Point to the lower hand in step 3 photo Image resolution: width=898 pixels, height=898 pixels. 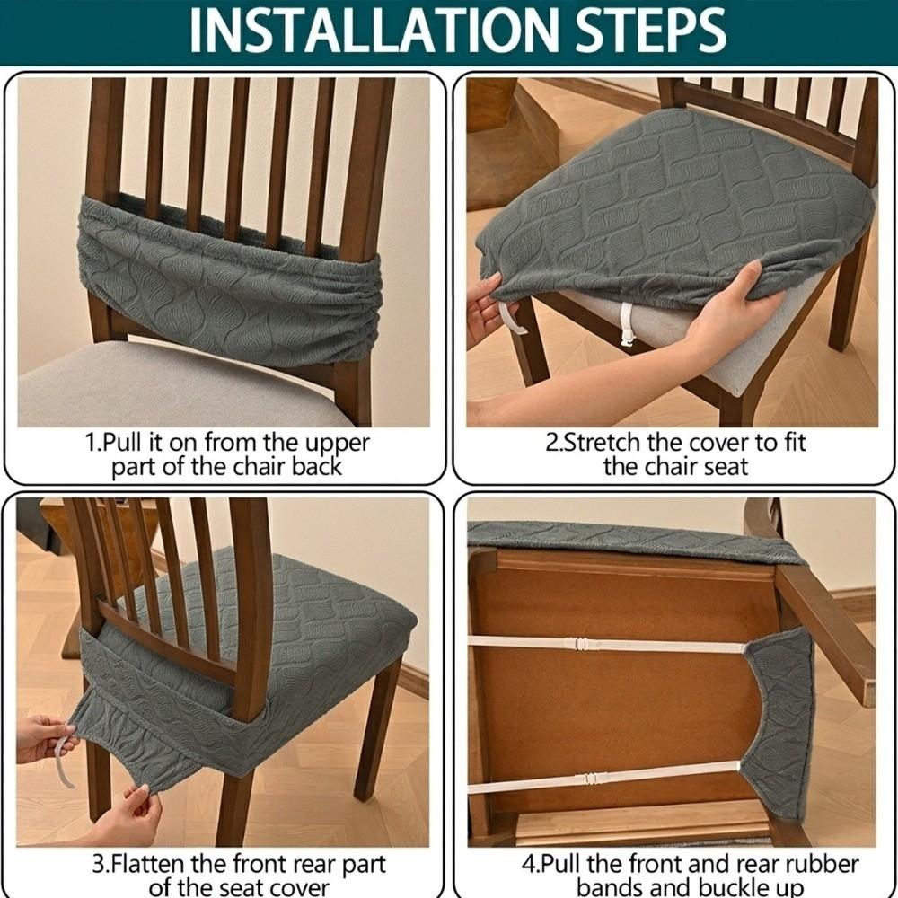coord(128,814)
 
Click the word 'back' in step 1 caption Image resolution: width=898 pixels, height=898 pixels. coord(317,466)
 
